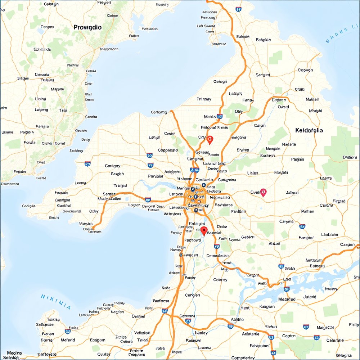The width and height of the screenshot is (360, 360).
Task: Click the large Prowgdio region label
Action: coord(87,27)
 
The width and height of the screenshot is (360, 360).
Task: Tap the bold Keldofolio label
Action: coord(309,130)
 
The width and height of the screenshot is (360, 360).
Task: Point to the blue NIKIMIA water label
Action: coord(56,302)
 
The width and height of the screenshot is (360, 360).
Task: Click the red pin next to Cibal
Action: coord(263,192)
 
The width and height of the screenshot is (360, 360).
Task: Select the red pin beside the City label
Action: coord(210,139)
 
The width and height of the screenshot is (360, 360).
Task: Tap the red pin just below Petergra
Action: coord(204,230)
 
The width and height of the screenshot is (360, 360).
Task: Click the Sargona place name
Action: coord(239,137)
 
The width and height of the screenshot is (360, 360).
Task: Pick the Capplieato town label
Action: coord(168,150)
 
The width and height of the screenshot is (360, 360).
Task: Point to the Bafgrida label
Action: coord(263,40)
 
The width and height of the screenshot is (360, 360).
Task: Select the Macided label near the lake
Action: coord(287,299)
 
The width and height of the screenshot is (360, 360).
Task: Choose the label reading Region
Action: coord(117,312)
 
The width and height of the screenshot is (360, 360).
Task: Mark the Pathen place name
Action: coord(307,211)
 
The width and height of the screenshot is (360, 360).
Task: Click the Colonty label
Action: coord(220,280)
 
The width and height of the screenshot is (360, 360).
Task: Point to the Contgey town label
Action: coord(112,166)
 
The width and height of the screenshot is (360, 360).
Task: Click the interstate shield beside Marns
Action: coord(220,117)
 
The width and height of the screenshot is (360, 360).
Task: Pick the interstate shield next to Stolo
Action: coord(281,266)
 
